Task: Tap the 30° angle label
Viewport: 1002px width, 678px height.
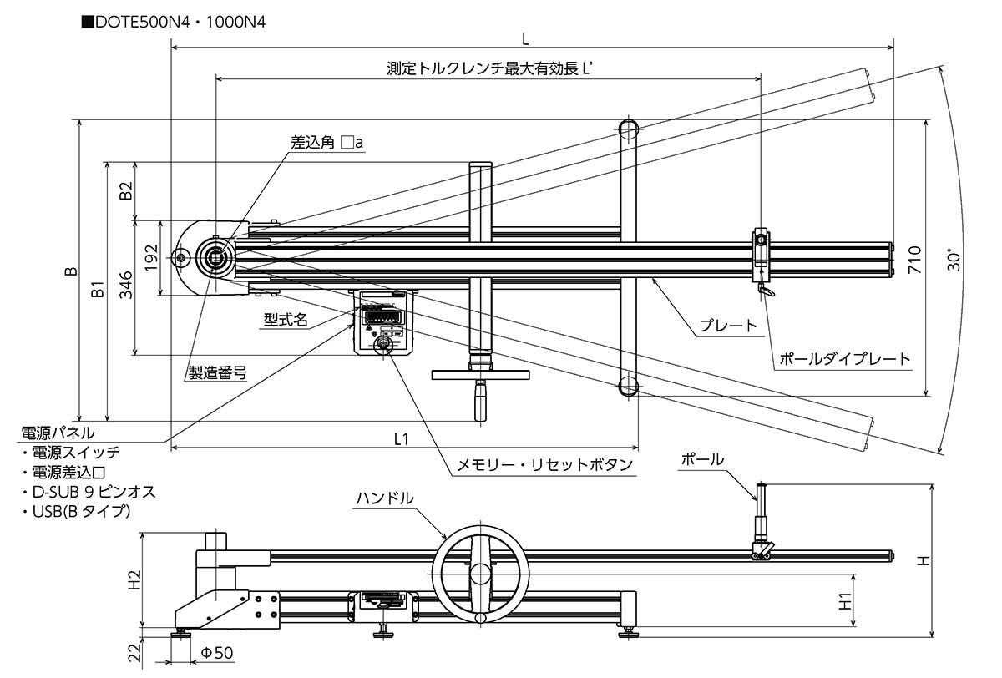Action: (x=955, y=260)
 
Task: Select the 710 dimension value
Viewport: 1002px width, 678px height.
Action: (x=914, y=260)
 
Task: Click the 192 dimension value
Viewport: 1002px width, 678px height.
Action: (x=150, y=258)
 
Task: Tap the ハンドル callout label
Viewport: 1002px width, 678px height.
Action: (x=384, y=498)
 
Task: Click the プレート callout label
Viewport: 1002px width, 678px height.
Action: (x=729, y=326)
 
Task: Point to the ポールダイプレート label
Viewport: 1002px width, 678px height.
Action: (x=844, y=359)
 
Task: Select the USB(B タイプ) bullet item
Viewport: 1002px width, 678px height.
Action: (x=76, y=510)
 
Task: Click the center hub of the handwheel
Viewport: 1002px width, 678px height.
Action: (x=479, y=574)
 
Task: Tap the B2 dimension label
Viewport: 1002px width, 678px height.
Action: (x=126, y=191)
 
